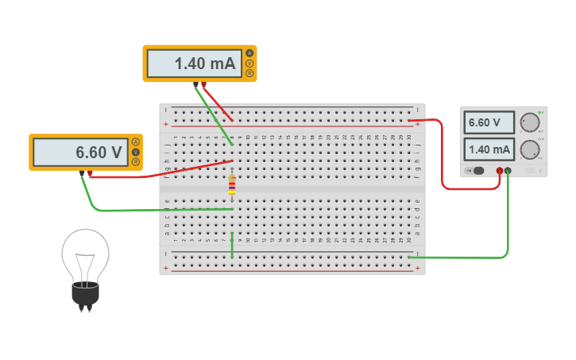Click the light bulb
pyautogui.click(x=85, y=266)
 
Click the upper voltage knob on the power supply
pyautogui.click(x=528, y=122)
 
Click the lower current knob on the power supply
pyautogui.click(x=528, y=149)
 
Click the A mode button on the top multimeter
pyautogui.click(x=250, y=54)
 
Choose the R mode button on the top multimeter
pyautogui.click(x=250, y=73)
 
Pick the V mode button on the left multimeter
pyautogui.click(x=136, y=152)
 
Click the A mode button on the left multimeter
pyautogui.click(x=136, y=142)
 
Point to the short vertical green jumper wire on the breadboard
pyautogui.click(x=232, y=246)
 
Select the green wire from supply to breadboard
pyautogui.click(x=477, y=257)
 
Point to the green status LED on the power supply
pyautogui.click(x=541, y=112)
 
